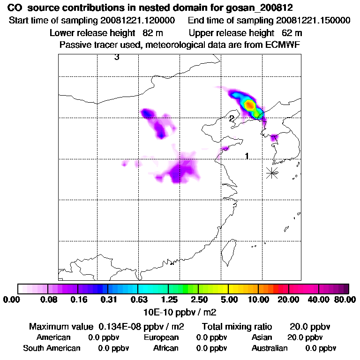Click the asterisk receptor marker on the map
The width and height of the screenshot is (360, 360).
(x=272, y=172)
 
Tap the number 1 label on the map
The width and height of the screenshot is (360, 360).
(x=247, y=156)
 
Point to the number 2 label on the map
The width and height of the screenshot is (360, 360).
(x=232, y=119)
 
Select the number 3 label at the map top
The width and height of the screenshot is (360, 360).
(x=117, y=58)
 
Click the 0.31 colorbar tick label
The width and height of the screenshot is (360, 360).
(x=109, y=300)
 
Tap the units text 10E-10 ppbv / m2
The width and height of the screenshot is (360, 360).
(x=180, y=311)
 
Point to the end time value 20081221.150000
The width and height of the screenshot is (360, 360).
(x=313, y=21)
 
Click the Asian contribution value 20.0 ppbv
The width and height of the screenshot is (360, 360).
(x=305, y=337)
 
